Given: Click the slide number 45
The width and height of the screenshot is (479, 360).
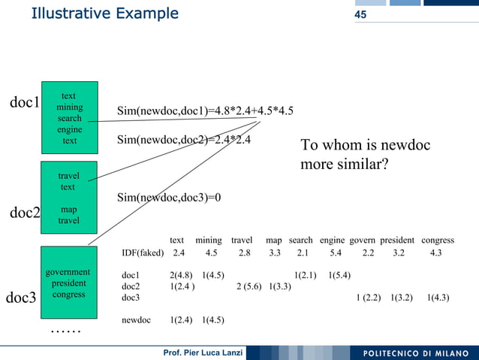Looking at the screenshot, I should (360, 15).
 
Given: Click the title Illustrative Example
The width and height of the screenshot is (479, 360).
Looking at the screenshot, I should (104, 14).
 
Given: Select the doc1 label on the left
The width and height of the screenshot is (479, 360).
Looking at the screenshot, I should (24, 102).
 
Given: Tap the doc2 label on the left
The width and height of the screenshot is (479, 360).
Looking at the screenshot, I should (24, 213).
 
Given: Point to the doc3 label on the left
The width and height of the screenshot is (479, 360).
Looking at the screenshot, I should (21, 298).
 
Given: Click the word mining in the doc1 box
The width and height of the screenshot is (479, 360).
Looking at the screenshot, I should (69, 107).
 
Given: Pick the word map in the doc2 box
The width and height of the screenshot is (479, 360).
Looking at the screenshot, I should (68, 210).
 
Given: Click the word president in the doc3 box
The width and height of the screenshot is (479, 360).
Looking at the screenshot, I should (68, 283).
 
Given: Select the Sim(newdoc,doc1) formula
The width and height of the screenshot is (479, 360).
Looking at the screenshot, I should (205, 112).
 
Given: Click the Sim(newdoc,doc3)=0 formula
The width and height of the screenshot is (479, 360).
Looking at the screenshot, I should (169, 198).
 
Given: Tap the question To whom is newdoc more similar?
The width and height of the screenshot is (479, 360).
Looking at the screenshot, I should (365, 154).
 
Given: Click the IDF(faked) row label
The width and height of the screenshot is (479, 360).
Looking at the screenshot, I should (143, 253).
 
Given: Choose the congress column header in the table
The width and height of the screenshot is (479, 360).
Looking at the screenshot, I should (438, 241).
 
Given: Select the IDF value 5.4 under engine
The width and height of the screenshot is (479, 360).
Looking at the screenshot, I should (336, 253).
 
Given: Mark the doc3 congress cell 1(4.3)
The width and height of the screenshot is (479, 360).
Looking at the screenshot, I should (438, 298).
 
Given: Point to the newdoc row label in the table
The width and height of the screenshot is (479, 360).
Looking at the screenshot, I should (136, 320).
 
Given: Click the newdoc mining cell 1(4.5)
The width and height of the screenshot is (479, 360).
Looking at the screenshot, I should (213, 320).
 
